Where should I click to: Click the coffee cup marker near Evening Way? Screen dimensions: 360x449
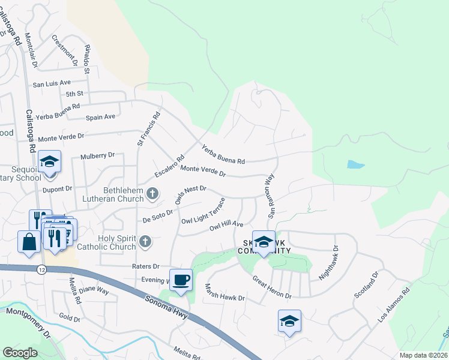click(x=181, y=279)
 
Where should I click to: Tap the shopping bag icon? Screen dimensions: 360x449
click(x=29, y=242)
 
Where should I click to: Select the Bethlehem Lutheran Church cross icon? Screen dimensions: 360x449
click(x=152, y=193)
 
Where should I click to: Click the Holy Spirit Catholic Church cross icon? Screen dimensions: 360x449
click(x=145, y=241)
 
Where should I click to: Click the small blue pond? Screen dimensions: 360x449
click(x=355, y=164)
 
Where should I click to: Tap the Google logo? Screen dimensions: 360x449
click(x=20, y=353)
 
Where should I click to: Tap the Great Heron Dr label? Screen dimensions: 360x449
click(x=271, y=287)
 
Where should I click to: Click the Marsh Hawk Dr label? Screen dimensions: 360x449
click(x=225, y=293)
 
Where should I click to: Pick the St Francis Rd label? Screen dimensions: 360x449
click(x=149, y=128)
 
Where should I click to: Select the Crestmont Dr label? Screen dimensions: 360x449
click(x=65, y=50)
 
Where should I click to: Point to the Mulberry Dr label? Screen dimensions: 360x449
click(x=97, y=155)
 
